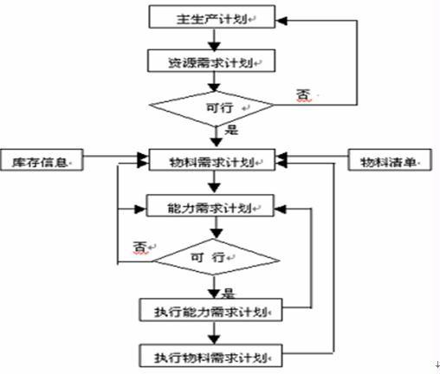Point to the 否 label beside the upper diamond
(304, 94)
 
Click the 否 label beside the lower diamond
(140, 248)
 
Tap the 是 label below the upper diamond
(231, 130)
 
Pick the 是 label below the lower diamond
(228, 293)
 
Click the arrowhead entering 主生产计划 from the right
(281, 21)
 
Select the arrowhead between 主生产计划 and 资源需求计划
(214, 46)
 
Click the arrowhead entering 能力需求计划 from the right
(280, 209)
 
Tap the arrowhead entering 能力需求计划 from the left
(140, 209)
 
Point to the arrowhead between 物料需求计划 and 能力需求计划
(214, 188)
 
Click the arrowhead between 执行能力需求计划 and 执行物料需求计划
(214, 339)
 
